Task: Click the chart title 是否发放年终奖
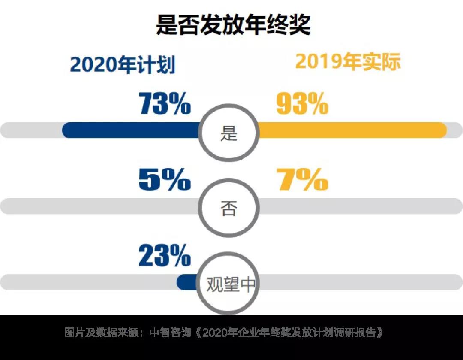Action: pyautogui.click(x=232, y=25)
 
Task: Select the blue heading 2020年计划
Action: pyautogui.click(x=123, y=65)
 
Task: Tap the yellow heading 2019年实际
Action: pyautogui.click(x=348, y=62)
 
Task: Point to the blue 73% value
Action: pyautogui.click(x=165, y=104)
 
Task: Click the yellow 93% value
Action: pyautogui.click(x=302, y=104)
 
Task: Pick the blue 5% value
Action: pyautogui.click(x=165, y=180)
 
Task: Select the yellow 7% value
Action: pyautogui.click(x=302, y=180)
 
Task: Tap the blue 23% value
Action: pyautogui.click(x=165, y=256)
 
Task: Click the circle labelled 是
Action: pyautogui.click(x=229, y=133)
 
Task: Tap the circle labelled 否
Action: pyautogui.click(x=229, y=209)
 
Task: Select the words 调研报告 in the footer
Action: pyautogui.click(x=355, y=333)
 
